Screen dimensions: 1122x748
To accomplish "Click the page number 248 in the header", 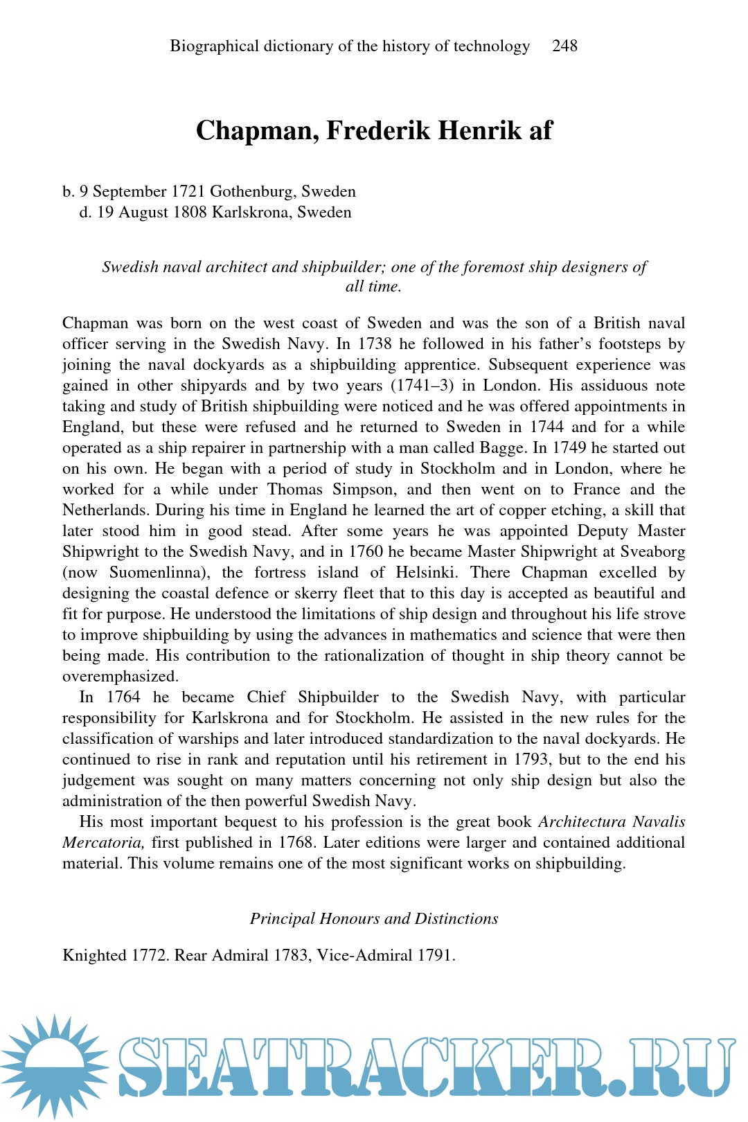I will coord(564,46).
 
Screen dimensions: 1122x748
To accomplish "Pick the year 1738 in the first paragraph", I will coord(375,344).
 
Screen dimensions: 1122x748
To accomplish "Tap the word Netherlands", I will coord(106,510).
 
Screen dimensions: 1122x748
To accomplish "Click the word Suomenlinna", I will coord(163,573).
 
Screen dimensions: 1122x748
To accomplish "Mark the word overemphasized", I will coord(120,677).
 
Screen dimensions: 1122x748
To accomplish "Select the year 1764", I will coord(123,697).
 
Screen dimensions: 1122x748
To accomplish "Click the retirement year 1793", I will coord(533,760).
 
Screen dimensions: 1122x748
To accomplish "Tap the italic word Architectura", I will coord(582,822).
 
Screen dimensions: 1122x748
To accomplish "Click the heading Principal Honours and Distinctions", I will coord(374,919).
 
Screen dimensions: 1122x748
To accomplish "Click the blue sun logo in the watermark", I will coord(54,1065).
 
